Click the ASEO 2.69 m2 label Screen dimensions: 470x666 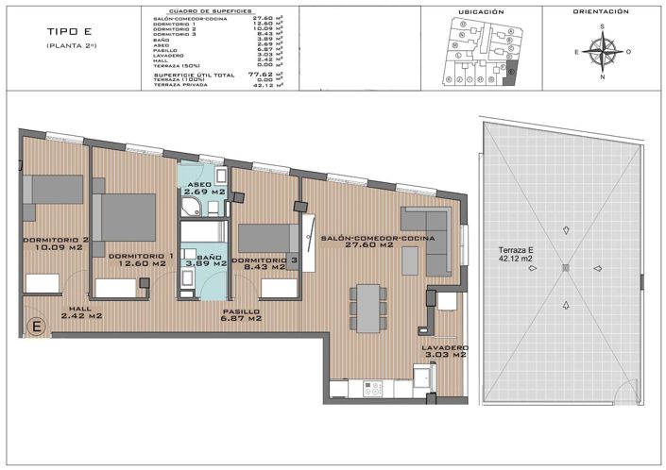pyautogui.click(x=205, y=188)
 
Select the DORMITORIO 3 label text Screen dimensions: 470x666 pyautogui.click(x=265, y=260)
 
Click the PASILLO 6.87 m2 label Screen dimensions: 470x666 pyautogui.click(x=242, y=315)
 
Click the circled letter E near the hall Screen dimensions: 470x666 pyautogui.click(x=37, y=327)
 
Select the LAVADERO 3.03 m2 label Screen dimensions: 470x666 pyautogui.click(x=444, y=351)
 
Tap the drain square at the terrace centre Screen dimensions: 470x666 pyautogui.click(x=565, y=269)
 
